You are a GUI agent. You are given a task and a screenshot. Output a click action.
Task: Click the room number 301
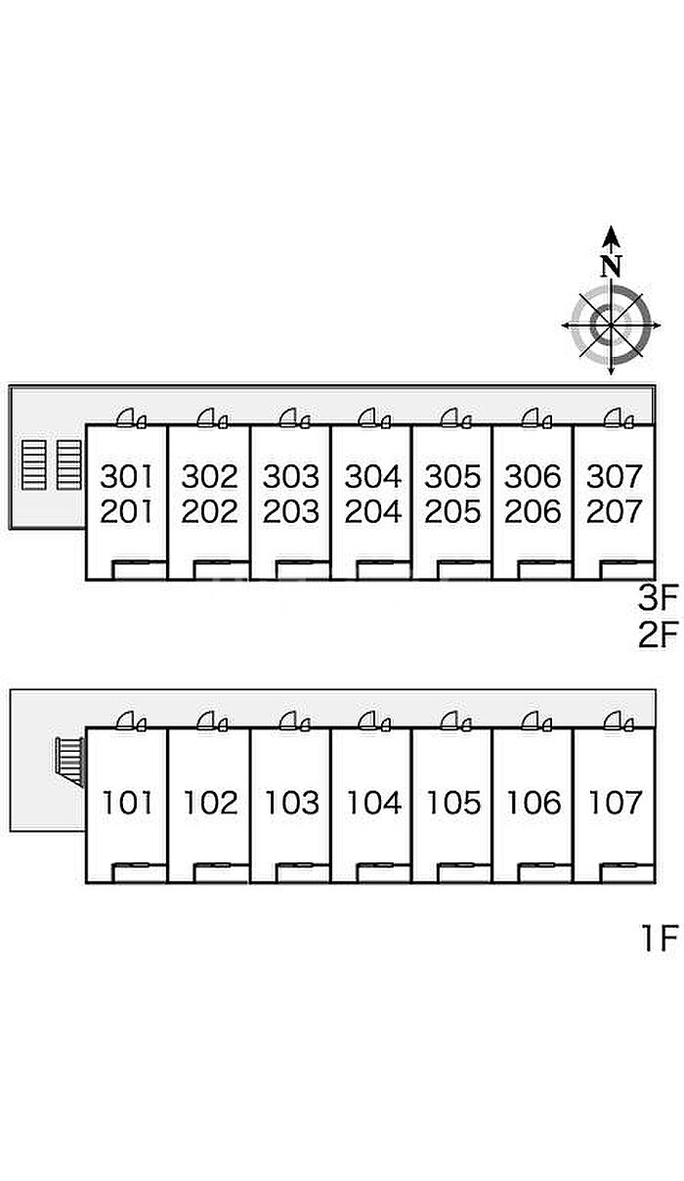128,477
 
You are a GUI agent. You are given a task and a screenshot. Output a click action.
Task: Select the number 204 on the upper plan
372,511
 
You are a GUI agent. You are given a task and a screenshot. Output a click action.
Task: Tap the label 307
615,477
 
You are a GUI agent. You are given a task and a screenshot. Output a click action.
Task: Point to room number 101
128,803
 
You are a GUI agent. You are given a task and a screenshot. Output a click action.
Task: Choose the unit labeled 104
372,803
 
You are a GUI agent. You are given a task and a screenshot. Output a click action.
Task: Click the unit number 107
615,803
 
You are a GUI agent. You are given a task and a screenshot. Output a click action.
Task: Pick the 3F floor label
658,596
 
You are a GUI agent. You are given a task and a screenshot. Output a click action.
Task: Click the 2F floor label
658,635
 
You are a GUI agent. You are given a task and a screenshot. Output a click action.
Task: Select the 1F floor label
659,939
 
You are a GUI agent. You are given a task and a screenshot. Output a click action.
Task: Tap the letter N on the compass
612,265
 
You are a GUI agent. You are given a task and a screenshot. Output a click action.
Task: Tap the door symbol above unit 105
455,722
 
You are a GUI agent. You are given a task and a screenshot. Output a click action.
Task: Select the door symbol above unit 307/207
619,419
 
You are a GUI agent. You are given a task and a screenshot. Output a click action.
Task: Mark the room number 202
210,511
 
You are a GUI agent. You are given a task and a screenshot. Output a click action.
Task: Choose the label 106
534,803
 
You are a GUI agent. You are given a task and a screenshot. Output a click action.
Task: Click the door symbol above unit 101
131,722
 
